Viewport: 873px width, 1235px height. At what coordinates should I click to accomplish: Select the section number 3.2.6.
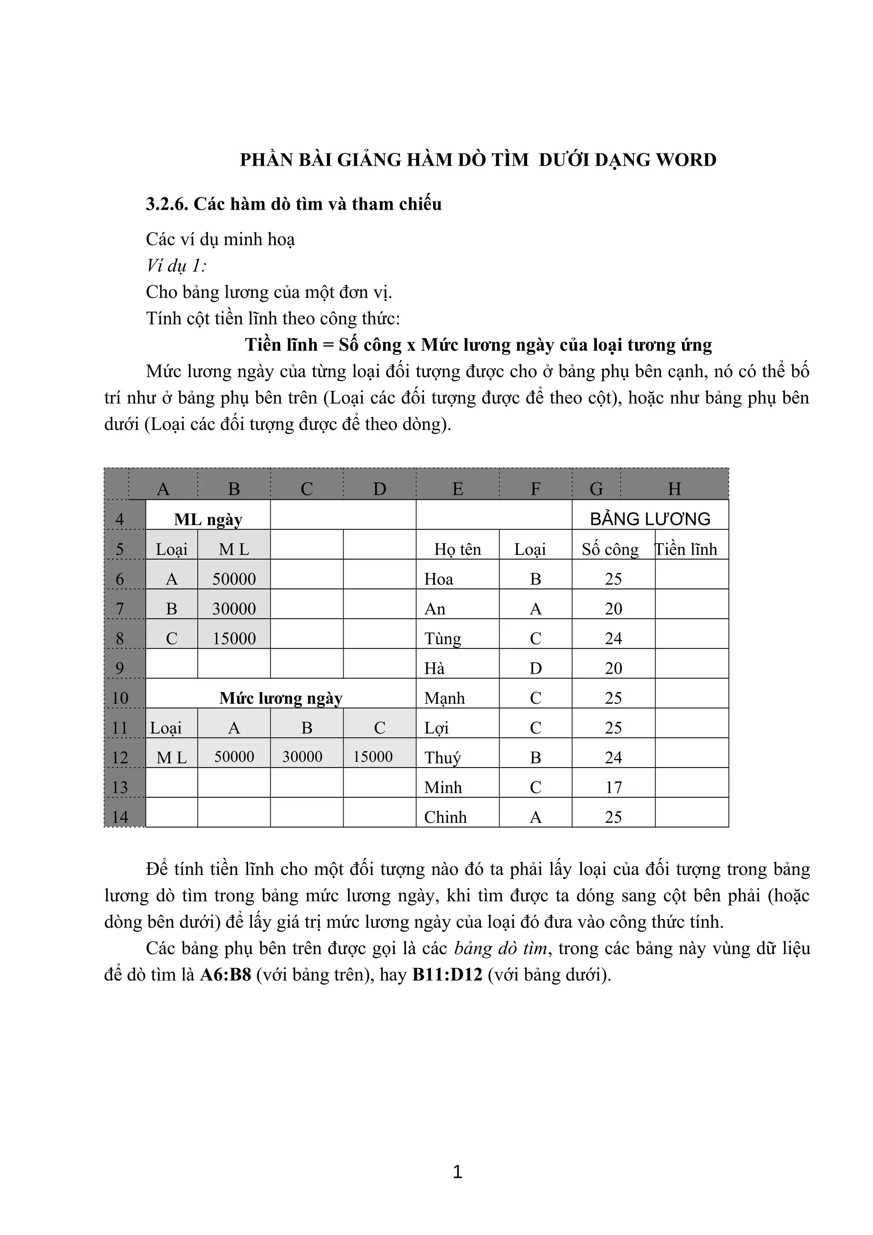(166, 204)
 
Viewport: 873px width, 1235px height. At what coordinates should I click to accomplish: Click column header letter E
(457, 488)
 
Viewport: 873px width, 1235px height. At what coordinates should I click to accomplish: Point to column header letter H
(674, 488)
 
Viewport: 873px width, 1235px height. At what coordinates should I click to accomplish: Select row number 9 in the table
(119, 668)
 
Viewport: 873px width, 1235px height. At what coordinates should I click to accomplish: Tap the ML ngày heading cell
(208, 519)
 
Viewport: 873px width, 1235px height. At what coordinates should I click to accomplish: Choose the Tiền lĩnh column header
(686, 549)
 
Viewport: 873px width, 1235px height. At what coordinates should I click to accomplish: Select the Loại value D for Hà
(535, 669)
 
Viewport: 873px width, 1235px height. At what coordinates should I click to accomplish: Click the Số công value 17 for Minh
(613, 788)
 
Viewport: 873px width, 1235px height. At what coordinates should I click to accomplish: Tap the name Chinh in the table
(445, 817)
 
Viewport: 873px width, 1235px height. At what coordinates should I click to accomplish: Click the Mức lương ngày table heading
(281, 698)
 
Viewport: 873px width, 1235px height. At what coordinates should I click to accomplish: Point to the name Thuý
(442, 758)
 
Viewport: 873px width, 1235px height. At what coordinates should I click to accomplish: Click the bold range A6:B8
(225, 975)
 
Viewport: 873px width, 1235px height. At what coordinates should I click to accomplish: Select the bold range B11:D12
(447, 975)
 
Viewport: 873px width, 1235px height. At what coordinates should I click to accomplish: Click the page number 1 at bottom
(457, 1172)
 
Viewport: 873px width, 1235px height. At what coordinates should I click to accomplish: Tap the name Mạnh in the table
(444, 698)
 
